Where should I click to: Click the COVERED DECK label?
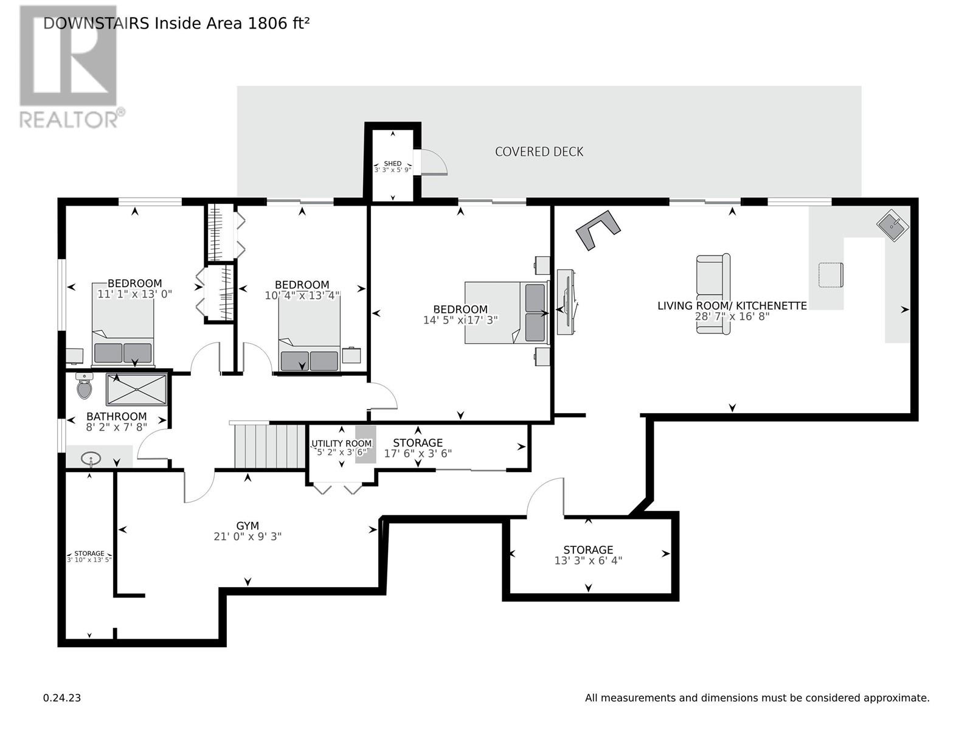pyautogui.click(x=539, y=151)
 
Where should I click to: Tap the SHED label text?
pyautogui.click(x=392, y=164)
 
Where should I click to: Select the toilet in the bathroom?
pyautogui.click(x=84, y=386)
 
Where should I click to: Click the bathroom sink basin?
pyautogui.click(x=91, y=458)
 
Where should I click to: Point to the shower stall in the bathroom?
pyautogui.click(x=137, y=389)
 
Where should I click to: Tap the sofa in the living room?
pyautogui.click(x=713, y=294)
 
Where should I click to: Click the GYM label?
pyautogui.click(x=248, y=526)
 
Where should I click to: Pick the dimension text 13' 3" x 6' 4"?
pyautogui.click(x=588, y=561)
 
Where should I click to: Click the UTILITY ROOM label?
pyautogui.click(x=341, y=443)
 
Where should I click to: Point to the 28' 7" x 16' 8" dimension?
pyautogui.click(x=732, y=316)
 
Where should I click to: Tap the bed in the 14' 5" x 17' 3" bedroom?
pyautogui.click(x=506, y=313)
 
